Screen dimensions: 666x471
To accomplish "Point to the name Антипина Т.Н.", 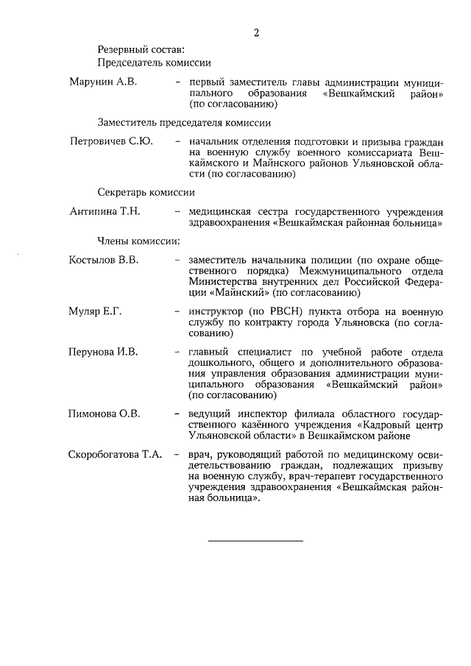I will [x=105, y=212].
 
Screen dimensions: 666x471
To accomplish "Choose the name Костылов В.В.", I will [x=104, y=260].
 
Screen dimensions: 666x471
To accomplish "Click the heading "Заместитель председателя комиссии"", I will [x=184, y=122].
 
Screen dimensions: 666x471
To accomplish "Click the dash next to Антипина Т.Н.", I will [x=178, y=212].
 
